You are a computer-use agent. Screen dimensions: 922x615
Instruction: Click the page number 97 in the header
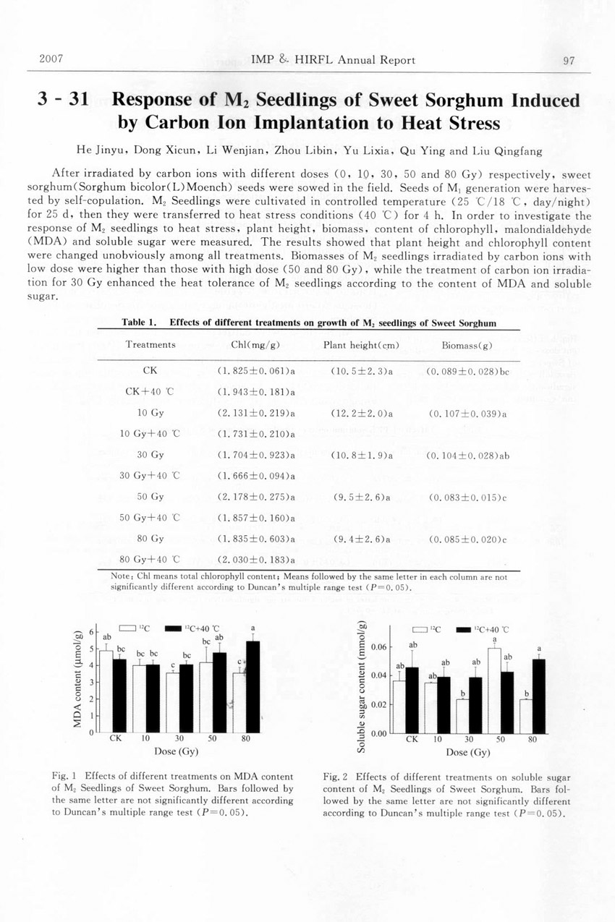pyautogui.click(x=568, y=61)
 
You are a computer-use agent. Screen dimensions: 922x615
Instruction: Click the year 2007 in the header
pyautogui.click(x=50, y=59)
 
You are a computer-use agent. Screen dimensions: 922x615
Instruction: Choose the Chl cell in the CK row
pyautogui.click(x=256, y=371)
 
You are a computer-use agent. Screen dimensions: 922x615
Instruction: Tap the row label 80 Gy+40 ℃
pyautogui.click(x=149, y=559)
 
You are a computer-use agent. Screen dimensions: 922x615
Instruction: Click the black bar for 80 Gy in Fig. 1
pyautogui.click(x=253, y=687)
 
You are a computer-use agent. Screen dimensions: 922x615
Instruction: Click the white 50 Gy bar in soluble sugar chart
pyautogui.click(x=494, y=691)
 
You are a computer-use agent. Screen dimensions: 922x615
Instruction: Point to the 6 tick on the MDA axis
pyautogui.click(x=92, y=632)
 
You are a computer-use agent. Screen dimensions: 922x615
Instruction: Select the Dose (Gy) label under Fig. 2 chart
pyautogui.click(x=469, y=752)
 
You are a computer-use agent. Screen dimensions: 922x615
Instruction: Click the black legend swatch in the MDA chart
pyautogui.click(x=174, y=628)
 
